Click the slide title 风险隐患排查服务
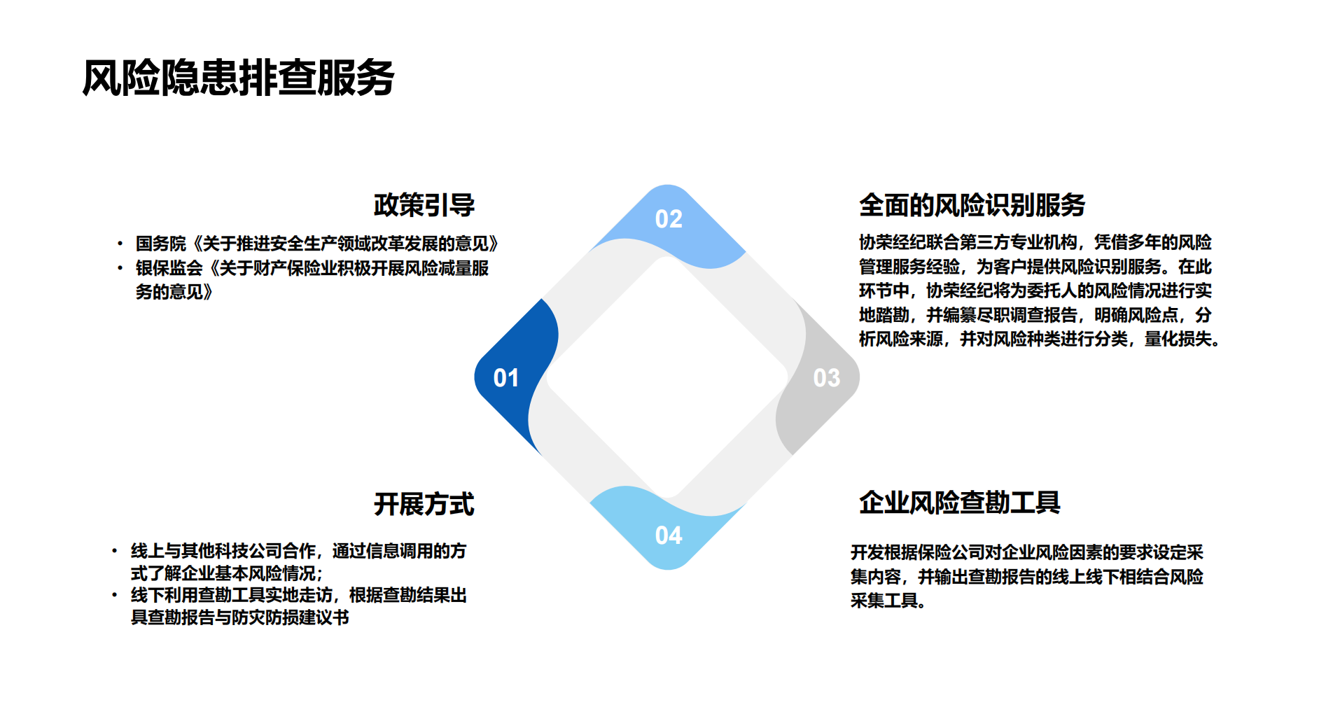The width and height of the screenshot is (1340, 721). pyautogui.click(x=238, y=78)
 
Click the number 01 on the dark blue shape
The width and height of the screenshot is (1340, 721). pyautogui.click(x=506, y=379)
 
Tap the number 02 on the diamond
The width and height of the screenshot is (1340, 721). pyautogui.click(x=669, y=220)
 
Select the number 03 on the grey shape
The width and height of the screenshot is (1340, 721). pyautogui.click(x=826, y=379)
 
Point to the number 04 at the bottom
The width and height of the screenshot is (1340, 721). pyautogui.click(x=669, y=536)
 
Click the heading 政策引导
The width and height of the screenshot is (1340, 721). pyautogui.click(x=424, y=206)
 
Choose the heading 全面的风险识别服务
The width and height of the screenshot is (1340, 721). pyautogui.click(x=972, y=206)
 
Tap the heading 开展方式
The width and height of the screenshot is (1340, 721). pyautogui.click(x=424, y=505)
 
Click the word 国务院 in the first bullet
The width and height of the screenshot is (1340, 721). pyautogui.click(x=161, y=244)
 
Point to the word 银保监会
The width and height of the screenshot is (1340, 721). pyautogui.click(x=169, y=268)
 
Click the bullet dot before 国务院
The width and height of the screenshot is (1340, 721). pyautogui.click(x=120, y=244)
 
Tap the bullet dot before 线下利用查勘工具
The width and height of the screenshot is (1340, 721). pyautogui.click(x=115, y=596)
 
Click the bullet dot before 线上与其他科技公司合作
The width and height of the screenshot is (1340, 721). pyautogui.click(x=115, y=552)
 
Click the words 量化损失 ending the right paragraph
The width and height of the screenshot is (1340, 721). pyautogui.click(x=1178, y=339)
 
